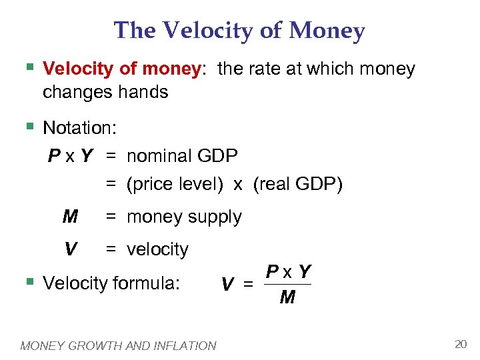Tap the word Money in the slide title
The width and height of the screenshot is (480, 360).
pos(329,31)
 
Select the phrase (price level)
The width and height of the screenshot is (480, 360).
pos(175,185)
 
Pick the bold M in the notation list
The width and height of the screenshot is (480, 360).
pos(69,217)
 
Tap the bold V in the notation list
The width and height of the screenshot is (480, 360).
pos(69,249)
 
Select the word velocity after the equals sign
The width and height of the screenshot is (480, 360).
pos(157,249)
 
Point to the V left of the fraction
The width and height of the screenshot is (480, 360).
pos(227,285)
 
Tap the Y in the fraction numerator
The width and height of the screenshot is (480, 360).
pos(305,271)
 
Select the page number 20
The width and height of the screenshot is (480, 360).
pos(460,344)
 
